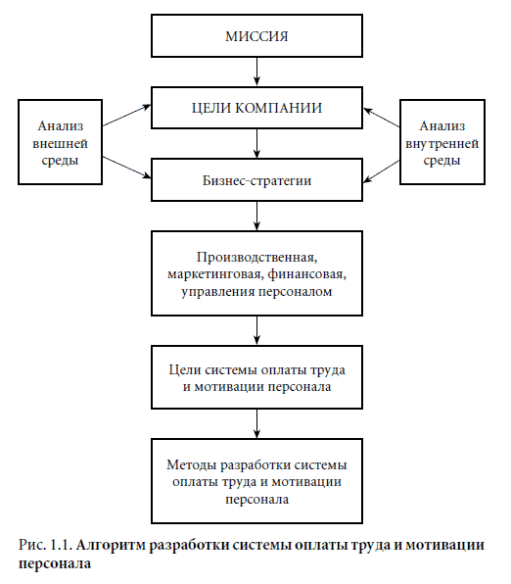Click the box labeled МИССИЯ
click(256, 37)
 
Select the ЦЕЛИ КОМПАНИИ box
click(256, 106)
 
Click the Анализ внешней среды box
click(62, 143)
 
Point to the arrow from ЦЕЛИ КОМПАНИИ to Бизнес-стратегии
click(256, 145)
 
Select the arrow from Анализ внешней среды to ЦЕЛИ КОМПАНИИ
click(126, 114)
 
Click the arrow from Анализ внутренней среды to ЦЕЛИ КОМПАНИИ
click(385, 114)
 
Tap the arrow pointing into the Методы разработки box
click(256, 423)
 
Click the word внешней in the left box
click(62, 143)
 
